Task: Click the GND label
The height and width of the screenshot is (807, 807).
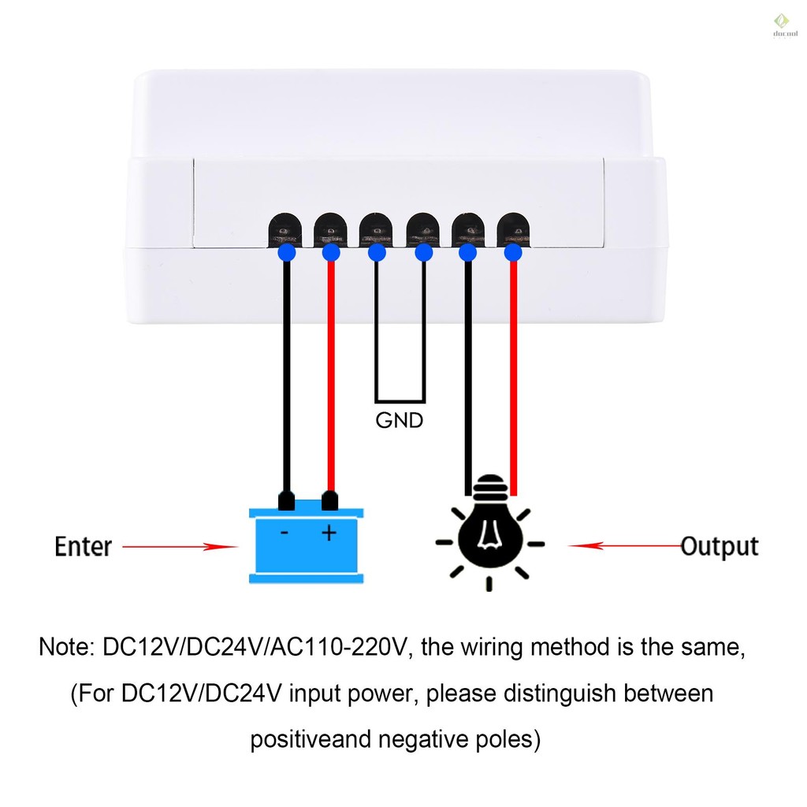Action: (400, 421)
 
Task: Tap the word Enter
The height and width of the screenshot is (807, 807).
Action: (84, 547)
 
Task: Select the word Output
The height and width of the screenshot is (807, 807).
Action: (720, 547)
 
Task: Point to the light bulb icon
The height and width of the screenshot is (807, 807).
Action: (490, 534)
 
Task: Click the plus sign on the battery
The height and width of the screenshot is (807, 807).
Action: (329, 533)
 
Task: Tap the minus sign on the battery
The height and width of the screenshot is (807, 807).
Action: (284, 533)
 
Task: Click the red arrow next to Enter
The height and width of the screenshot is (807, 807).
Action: (180, 547)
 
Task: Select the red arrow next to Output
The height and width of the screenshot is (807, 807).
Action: (625, 545)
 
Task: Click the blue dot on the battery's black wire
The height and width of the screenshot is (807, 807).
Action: (287, 253)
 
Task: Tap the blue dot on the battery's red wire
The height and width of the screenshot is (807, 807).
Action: (331, 253)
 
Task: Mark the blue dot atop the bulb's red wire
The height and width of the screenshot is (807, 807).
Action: (513, 253)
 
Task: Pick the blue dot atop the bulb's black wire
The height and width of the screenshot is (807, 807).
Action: (468, 253)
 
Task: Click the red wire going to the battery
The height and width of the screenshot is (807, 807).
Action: (331, 377)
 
